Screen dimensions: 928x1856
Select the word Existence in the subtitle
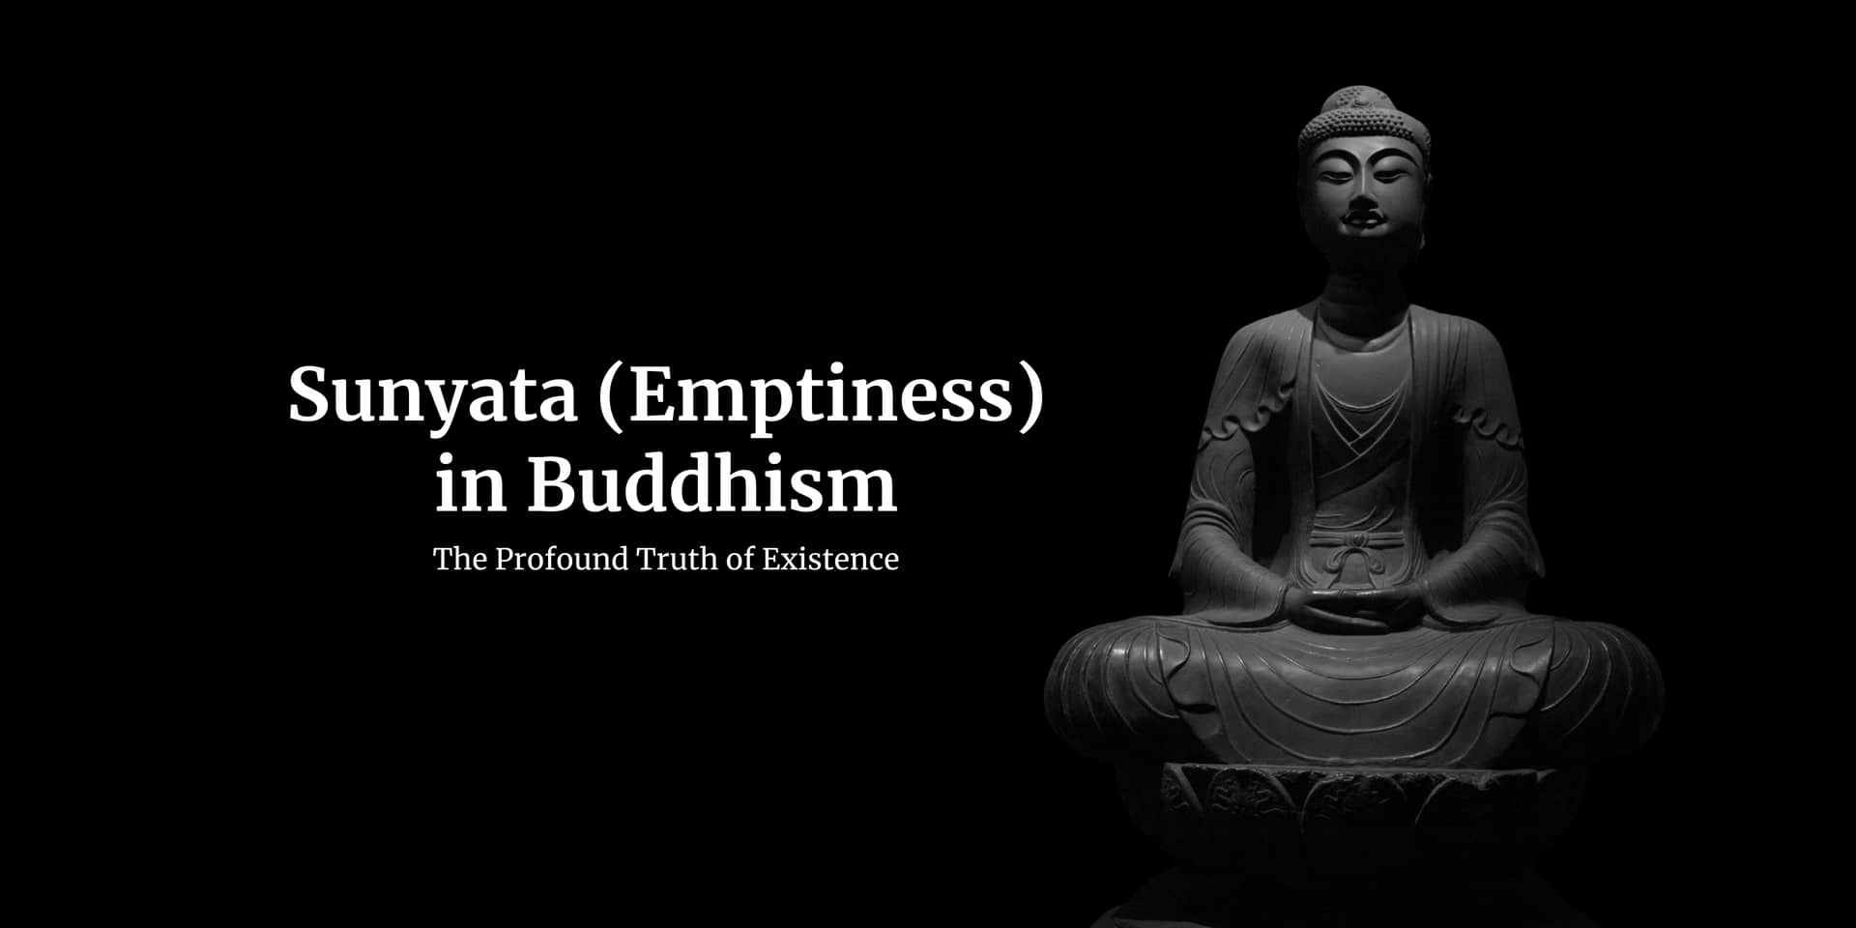pyautogui.click(x=829, y=559)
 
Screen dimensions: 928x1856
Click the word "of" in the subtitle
pyautogui.click(x=739, y=559)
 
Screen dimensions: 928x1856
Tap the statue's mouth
pyautogui.click(x=1362, y=221)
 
